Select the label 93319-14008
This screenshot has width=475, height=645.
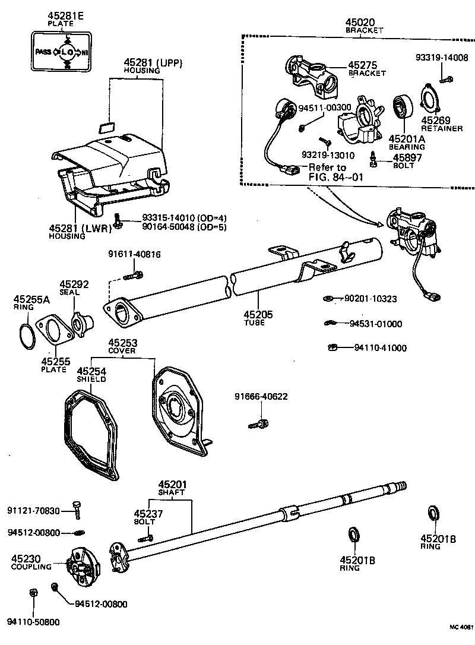[x=441, y=58]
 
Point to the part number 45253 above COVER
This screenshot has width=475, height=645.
[x=122, y=343]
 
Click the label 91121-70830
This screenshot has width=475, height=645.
[x=33, y=511]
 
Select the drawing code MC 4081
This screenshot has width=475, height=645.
[x=461, y=627]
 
